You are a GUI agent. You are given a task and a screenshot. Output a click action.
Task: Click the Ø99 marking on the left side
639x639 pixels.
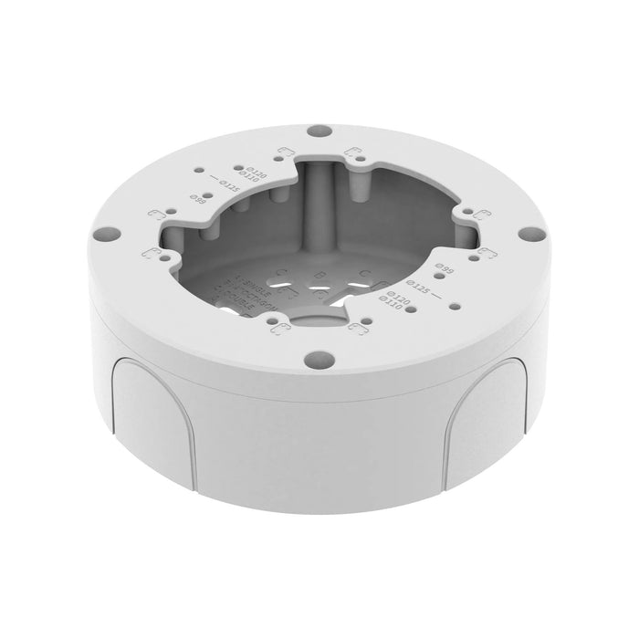tap(195, 198)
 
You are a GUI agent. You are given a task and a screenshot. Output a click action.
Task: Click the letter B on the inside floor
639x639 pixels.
tap(317, 274)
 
